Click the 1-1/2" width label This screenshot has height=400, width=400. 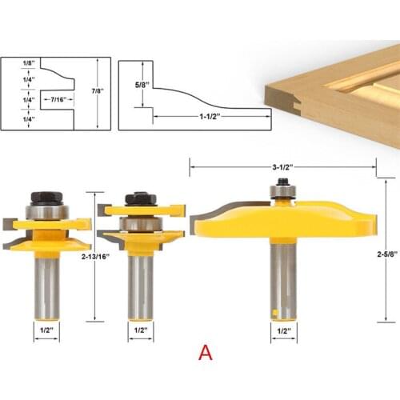tap(210, 117)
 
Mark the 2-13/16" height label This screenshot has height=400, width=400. tap(95, 258)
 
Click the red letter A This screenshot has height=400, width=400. tap(206, 352)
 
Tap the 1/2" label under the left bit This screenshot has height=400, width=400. tap(46, 328)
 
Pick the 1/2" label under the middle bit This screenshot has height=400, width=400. tap(141, 328)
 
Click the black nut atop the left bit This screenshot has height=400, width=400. tap(46, 199)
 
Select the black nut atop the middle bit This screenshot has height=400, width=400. tap(141, 198)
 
